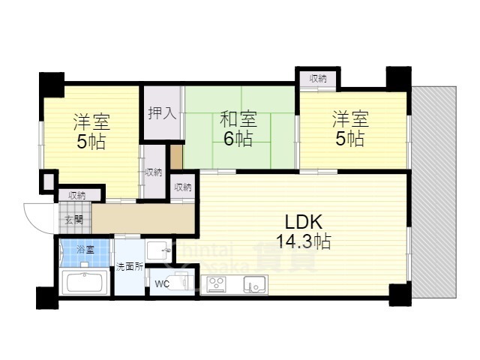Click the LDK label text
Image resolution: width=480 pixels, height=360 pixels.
point(303,222)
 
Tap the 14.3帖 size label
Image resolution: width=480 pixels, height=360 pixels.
point(303,241)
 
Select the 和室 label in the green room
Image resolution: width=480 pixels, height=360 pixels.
point(238,119)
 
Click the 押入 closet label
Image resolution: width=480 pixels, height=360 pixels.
point(162,113)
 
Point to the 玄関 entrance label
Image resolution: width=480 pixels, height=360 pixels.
point(73,220)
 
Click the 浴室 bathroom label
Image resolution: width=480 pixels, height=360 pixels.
point(85,250)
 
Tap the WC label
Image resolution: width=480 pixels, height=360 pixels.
point(162,284)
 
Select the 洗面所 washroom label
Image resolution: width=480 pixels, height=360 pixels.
point(130,267)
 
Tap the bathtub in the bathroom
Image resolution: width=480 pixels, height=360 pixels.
point(85,282)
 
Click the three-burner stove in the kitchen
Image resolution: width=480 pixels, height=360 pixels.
point(217,284)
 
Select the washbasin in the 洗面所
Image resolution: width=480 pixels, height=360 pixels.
point(158,250)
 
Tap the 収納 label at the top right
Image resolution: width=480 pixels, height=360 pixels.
point(318,79)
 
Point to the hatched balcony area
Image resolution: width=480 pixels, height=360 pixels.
point(434,192)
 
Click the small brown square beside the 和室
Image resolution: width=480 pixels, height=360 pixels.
point(176,157)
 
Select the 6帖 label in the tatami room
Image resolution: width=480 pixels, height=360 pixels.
point(238,139)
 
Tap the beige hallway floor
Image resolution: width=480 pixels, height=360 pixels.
point(143,218)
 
